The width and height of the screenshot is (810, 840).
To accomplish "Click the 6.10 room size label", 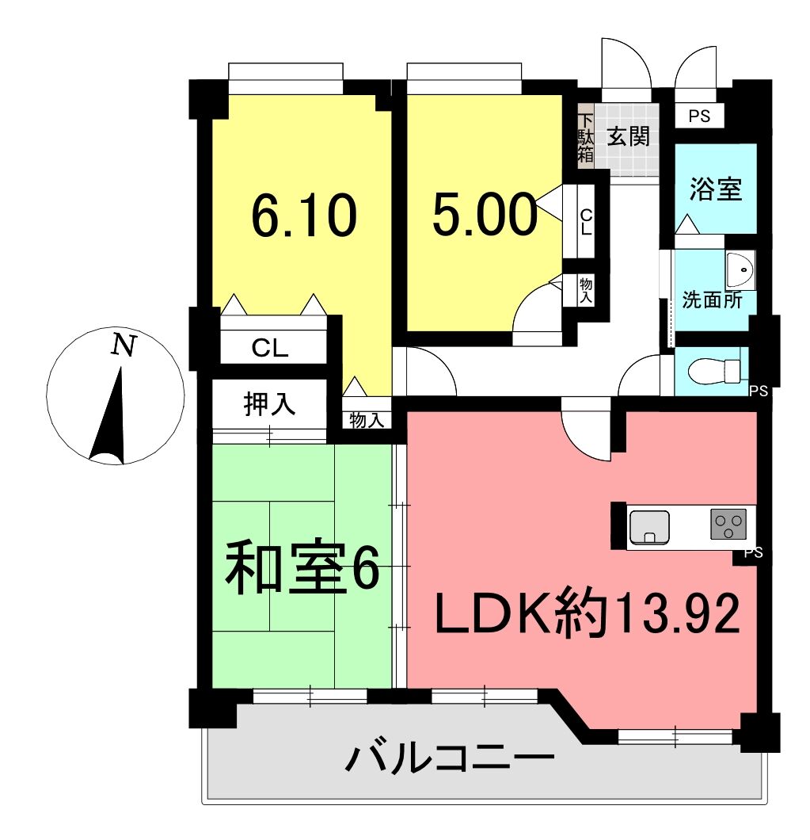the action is click(x=303, y=216).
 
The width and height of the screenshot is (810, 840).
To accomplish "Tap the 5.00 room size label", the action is click(x=485, y=214).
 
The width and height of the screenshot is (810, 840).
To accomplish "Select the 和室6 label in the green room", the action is click(x=302, y=568).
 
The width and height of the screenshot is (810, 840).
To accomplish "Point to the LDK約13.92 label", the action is click(x=588, y=614).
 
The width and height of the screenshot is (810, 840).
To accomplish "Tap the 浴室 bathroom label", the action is click(x=715, y=189).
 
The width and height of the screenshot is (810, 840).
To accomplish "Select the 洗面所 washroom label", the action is click(x=712, y=300).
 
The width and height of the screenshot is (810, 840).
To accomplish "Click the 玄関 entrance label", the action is click(x=628, y=136).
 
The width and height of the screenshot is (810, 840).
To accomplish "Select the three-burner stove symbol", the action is click(x=728, y=524).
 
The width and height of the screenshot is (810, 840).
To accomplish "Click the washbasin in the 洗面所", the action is click(x=740, y=270).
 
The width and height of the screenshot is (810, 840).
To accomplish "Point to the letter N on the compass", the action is click(x=124, y=345).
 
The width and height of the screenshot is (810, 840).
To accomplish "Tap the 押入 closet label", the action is click(x=269, y=403).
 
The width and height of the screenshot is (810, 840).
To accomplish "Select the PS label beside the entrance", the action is click(x=699, y=116).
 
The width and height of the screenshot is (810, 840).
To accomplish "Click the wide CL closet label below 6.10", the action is click(x=270, y=349).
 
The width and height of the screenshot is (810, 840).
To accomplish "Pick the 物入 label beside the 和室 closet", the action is click(x=367, y=420).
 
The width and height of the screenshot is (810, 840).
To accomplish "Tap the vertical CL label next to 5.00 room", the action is click(x=587, y=222).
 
